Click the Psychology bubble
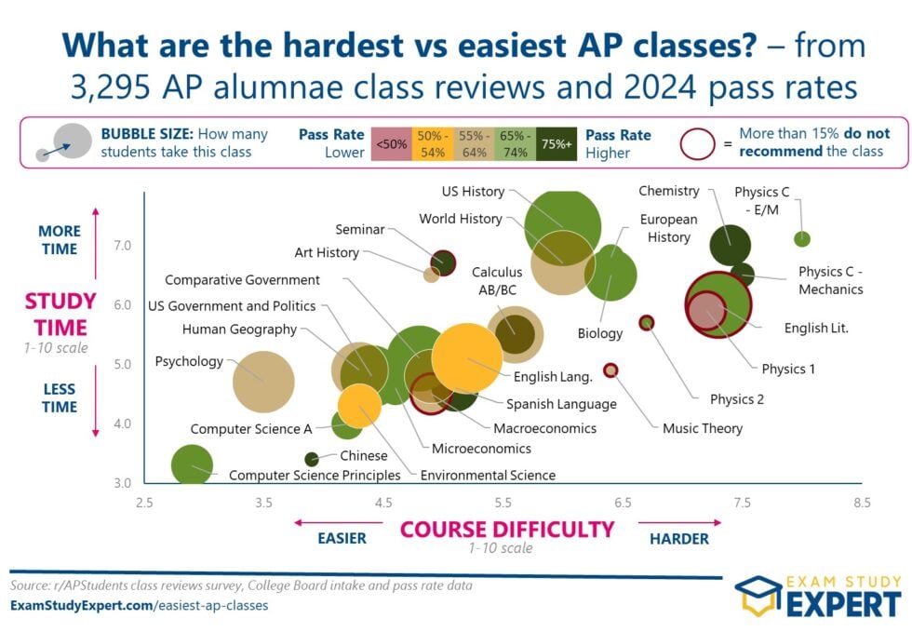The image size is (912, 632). click(x=263, y=382)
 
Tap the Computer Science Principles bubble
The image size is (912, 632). click(x=193, y=464)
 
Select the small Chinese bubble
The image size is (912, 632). click(x=312, y=459)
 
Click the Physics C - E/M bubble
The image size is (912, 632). click(x=802, y=239)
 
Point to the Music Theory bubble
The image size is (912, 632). click(x=610, y=370)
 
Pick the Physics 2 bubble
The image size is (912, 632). click(x=647, y=323)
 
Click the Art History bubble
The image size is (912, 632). click(x=431, y=275)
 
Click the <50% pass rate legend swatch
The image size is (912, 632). click(x=389, y=144)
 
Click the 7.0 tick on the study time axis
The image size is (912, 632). click(x=123, y=246)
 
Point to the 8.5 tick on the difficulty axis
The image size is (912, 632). click(x=862, y=504)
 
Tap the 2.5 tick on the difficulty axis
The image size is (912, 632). click(x=144, y=504)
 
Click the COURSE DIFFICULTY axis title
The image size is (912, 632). click(x=507, y=530)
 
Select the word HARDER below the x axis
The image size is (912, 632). click(x=678, y=538)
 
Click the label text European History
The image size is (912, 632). click(x=669, y=228)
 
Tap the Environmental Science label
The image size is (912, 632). click(x=488, y=475)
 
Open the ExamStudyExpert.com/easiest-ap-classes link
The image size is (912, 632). click(x=139, y=605)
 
